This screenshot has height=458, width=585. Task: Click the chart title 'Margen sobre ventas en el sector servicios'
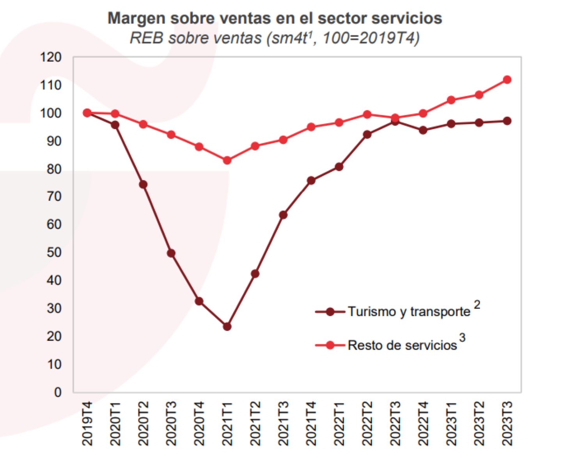[275, 18]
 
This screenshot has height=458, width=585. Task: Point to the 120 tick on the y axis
[51, 57]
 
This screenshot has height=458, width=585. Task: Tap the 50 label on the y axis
[54, 252]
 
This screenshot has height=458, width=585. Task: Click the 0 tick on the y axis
[58, 392]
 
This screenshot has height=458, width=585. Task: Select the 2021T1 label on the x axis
[227, 423]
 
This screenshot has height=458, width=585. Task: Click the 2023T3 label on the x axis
[507, 423]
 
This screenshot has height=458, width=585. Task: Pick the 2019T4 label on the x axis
[87, 423]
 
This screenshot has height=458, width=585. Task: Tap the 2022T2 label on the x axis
[367, 423]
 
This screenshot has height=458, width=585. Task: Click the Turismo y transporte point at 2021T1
[227, 326]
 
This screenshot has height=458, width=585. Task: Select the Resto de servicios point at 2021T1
[227, 160]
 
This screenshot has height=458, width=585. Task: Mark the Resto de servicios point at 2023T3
[507, 80]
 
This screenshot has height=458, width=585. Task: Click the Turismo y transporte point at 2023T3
[507, 121]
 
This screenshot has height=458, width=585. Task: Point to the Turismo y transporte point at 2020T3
[171, 253]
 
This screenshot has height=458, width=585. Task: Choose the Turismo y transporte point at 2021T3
[283, 215]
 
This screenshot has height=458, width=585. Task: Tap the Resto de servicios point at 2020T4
[199, 147]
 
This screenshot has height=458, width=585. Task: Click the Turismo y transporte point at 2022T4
[423, 130]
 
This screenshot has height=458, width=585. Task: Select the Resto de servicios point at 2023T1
[451, 100]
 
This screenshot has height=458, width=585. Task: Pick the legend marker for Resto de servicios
[330, 345]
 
